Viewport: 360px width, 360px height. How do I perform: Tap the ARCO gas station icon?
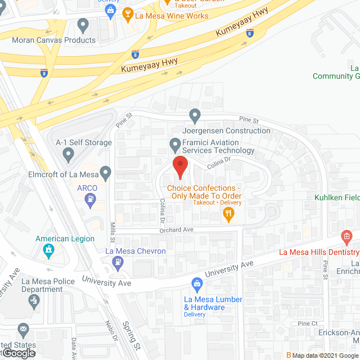coord(89,199)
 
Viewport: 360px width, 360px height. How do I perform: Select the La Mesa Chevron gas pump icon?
coord(117,261)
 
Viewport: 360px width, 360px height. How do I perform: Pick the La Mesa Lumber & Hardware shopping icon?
coord(197,283)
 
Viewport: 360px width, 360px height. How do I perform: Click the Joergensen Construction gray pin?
coord(195,116)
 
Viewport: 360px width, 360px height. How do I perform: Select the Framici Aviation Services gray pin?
coord(174,145)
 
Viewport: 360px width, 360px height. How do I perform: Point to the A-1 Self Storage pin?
coord(69,152)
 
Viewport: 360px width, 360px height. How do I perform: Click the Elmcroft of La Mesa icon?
coord(105,171)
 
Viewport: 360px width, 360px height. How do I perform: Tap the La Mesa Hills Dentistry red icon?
coord(346,235)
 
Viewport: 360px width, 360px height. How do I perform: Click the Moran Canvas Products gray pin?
coord(83,25)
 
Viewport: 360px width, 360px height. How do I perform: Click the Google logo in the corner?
coord(18,353)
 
